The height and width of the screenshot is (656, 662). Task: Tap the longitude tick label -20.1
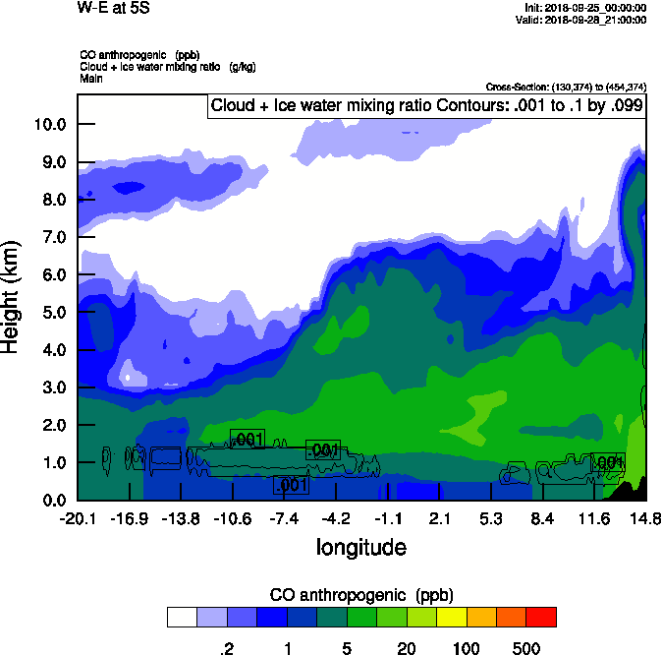coord(77,518)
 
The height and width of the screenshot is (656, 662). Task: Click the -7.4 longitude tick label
coord(285,518)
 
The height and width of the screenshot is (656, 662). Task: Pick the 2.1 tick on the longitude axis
coord(440,518)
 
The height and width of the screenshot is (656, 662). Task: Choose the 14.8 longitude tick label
coord(644,518)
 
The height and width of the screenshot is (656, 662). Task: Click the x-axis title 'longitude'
coord(360,546)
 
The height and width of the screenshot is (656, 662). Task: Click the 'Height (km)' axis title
coord(13,296)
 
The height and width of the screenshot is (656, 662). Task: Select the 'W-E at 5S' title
coord(113,8)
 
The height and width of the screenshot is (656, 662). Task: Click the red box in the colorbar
coord(541,617)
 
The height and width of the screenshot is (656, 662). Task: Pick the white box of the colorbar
coord(182,617)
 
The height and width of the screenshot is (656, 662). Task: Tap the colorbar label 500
coord(526,648)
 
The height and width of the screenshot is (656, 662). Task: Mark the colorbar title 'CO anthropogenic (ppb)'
coord(360,595)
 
